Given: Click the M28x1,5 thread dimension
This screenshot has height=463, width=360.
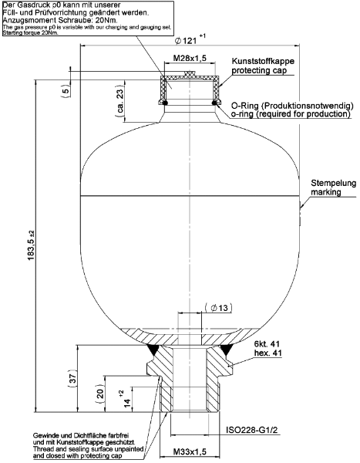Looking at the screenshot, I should coord(187,59).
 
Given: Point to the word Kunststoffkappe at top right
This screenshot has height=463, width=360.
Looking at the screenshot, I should coord(263,60).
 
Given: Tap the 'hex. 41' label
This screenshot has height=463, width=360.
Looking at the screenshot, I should coord(267,353).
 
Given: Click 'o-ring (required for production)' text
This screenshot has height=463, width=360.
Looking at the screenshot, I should coord(291,113).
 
